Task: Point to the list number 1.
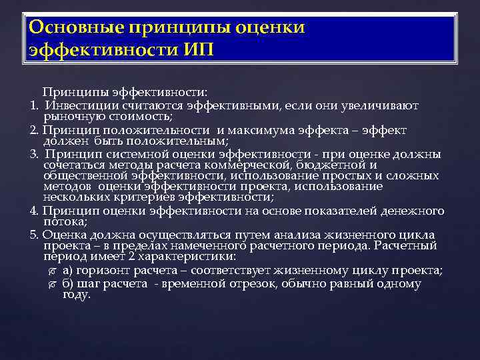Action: [33, 105]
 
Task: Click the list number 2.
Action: [33, 130]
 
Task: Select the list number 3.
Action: [33, 155]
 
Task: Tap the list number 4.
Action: [33, 211]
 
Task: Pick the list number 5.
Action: [33, 235]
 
